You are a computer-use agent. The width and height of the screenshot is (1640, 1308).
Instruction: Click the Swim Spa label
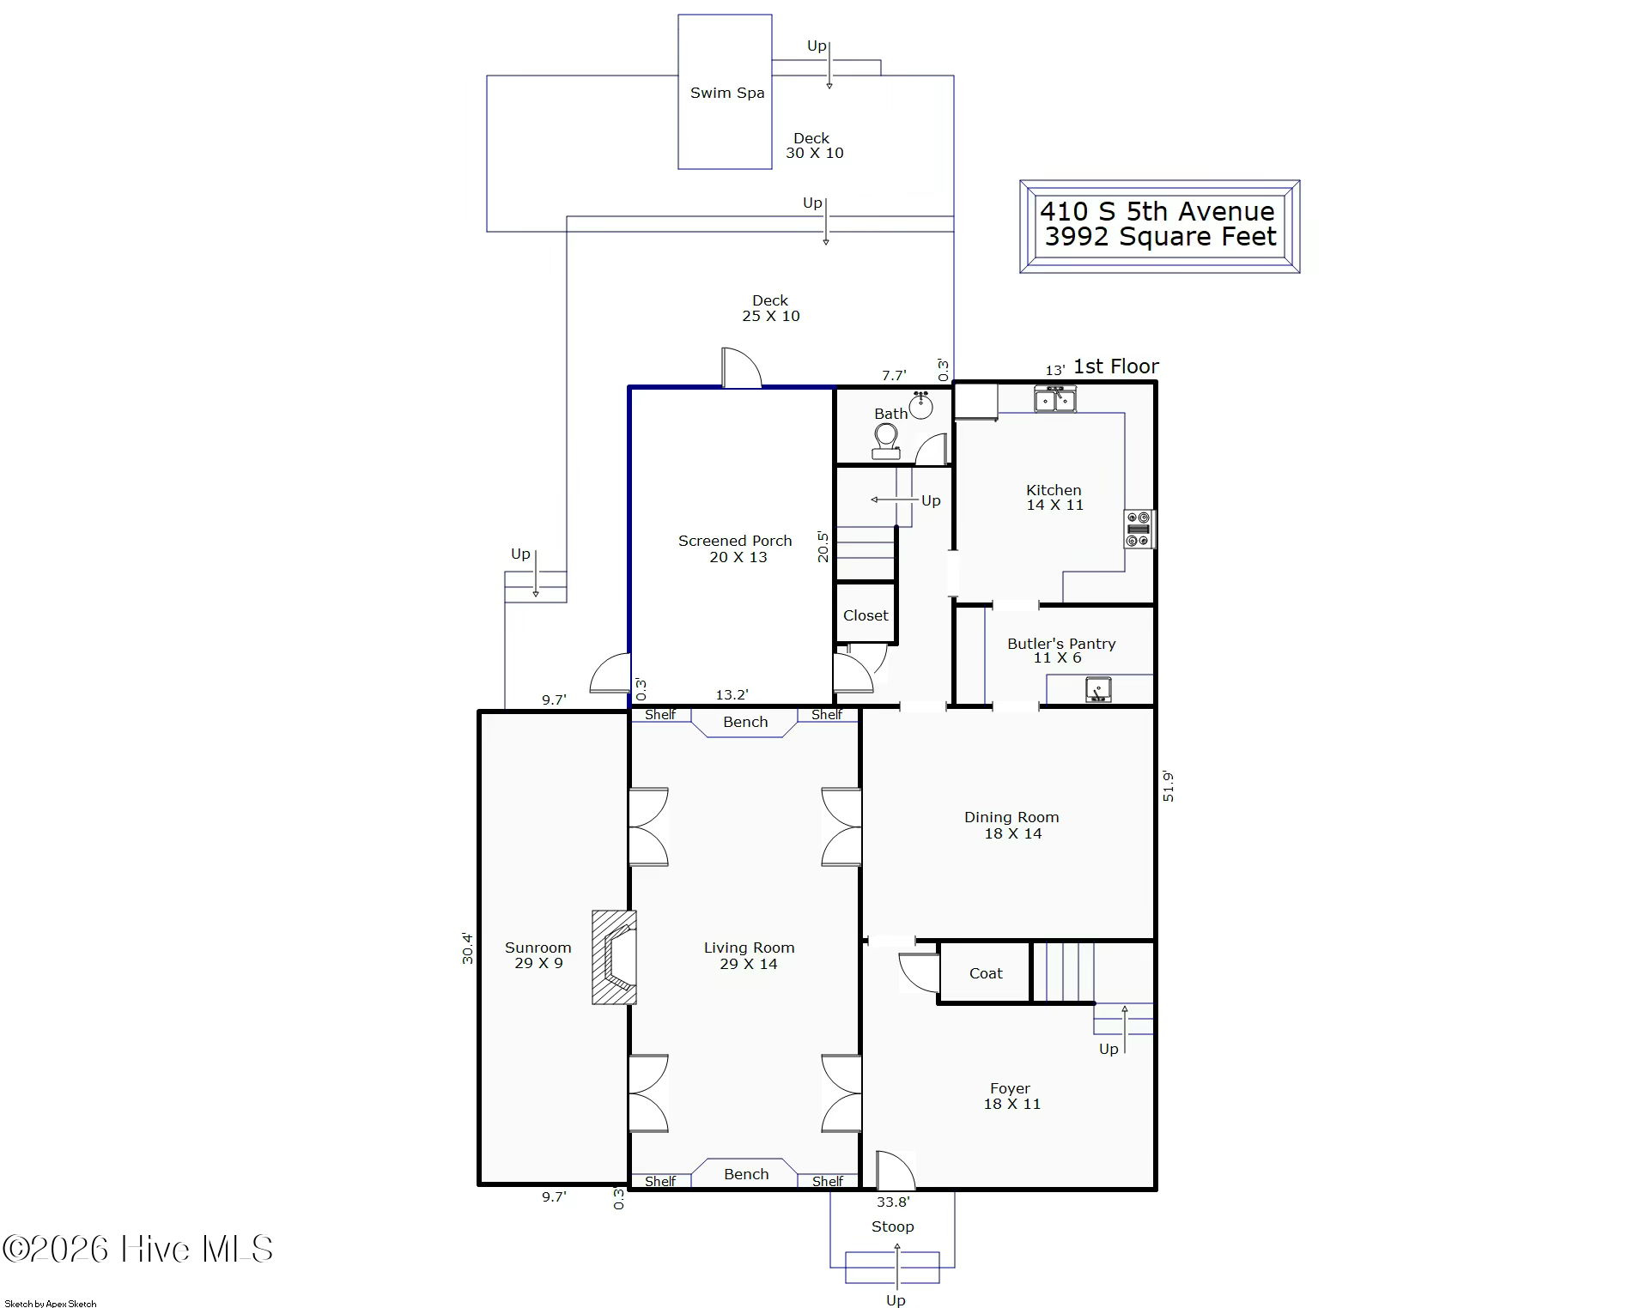pyautogui.click(x=727, y=93)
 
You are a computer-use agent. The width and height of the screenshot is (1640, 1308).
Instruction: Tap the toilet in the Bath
pyautogui.click(x=886, y=441)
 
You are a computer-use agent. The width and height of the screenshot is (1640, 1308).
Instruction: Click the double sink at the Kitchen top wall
pyautogui.click(x=1054, y=399)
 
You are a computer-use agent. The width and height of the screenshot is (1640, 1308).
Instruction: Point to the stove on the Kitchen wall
pyautogui.click(x=1139, y=529)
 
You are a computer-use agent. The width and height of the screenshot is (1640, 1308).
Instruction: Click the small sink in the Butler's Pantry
pyautogui.click(x=1098, y=689)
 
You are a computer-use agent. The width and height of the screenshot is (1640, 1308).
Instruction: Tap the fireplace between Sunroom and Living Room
pyautogui.click(x=614, y=957)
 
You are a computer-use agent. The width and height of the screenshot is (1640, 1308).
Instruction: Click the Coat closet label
pyautogui.click(x=986, y=973)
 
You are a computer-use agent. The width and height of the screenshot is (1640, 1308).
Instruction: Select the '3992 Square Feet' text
pyautogui.click(x=1161, y=237)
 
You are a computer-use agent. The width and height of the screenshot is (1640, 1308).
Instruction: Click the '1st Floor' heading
pyautogui.click(x=1116, y=366)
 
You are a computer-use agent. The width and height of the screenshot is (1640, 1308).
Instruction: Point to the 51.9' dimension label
pyautogui.click(x=1168, y=787)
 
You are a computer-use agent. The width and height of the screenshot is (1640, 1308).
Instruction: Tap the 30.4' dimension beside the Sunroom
pyautogui.click(x=467, y=948)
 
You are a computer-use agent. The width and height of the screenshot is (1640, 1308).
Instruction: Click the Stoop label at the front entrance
pyautogui.click(x=893, y=1226)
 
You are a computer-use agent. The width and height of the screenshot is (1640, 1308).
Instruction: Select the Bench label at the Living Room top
pyautogui.click(x=745, y=722)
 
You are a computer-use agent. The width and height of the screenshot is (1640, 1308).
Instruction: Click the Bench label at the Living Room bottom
pyautogui.click(x=746, y=1174)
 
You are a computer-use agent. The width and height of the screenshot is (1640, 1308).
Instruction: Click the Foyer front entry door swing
pyautogui.click(x=896, y=1170)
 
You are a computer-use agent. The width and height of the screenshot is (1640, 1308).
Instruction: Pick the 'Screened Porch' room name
pyautogui.click(x=735, y=541)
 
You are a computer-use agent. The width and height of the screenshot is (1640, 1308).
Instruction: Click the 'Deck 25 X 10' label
pyautogui.click(x=771, y=308)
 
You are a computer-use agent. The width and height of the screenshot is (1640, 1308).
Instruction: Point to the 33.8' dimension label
pyautogui.click(x=893, y=1202)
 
